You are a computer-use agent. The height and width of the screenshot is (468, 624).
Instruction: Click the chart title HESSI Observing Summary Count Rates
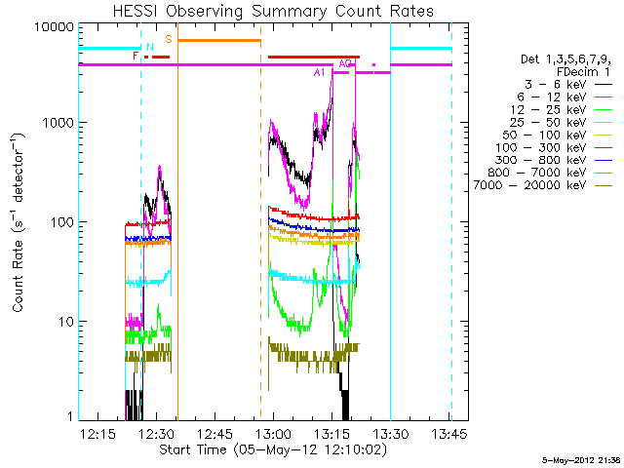(x=273, y=11)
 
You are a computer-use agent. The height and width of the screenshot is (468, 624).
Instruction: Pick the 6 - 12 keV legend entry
(x=551, y=97)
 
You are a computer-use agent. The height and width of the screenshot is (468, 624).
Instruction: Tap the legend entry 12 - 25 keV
(x=548, y=110)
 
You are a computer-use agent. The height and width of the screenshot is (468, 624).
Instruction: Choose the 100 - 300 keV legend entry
(x=540, y=147)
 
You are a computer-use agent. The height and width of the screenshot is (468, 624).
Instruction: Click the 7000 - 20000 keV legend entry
(x=529, y=185)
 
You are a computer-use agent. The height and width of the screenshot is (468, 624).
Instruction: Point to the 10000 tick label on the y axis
(x=55, y=27)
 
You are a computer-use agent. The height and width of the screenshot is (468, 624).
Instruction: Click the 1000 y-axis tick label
(x=58, y=123)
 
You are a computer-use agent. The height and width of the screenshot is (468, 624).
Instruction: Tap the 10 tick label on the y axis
(x=66, y=322)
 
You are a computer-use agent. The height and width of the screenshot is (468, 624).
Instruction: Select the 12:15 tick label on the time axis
(x=97, y=433)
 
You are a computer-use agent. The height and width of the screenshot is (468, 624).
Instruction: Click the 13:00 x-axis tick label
(x=273, y=433)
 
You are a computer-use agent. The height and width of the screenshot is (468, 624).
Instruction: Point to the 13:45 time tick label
(x=449, y=433)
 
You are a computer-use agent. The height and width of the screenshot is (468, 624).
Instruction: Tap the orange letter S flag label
(x=169, y=39)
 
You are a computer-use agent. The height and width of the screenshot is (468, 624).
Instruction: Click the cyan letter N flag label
(x=149, y=47)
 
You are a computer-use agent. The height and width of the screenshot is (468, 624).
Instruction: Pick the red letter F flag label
(x=136, y=56)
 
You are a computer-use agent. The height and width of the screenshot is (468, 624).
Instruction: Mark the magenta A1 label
(x=319, y=72)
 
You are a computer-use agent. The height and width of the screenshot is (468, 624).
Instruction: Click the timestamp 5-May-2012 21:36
(x=581, y=461)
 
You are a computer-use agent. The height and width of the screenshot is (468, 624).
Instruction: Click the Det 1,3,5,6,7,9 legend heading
(x=565, y=59)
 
